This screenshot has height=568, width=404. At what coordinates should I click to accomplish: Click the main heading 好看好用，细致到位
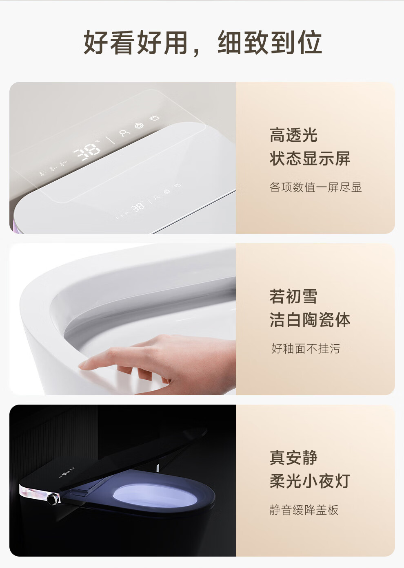[203, 42]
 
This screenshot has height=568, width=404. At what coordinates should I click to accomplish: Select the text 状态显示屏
[310, 158]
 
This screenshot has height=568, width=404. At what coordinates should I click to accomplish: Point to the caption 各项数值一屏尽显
[315, 187]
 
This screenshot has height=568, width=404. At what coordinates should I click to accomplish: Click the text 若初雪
[293, 296]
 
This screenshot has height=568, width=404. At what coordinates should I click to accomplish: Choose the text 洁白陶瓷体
[310, 319]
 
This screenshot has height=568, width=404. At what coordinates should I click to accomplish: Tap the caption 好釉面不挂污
[306, 349]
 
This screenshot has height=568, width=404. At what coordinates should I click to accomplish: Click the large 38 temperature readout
[87, 152]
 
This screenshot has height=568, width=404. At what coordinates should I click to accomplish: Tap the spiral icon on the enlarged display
[139, 125]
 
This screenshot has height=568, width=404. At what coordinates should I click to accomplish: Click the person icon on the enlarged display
[124, 133]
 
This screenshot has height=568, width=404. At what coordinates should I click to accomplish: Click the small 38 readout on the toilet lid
[138, 207]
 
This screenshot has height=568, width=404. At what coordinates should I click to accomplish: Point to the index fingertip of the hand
[82, 365]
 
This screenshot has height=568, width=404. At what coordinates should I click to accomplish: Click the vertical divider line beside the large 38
[110, 140]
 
